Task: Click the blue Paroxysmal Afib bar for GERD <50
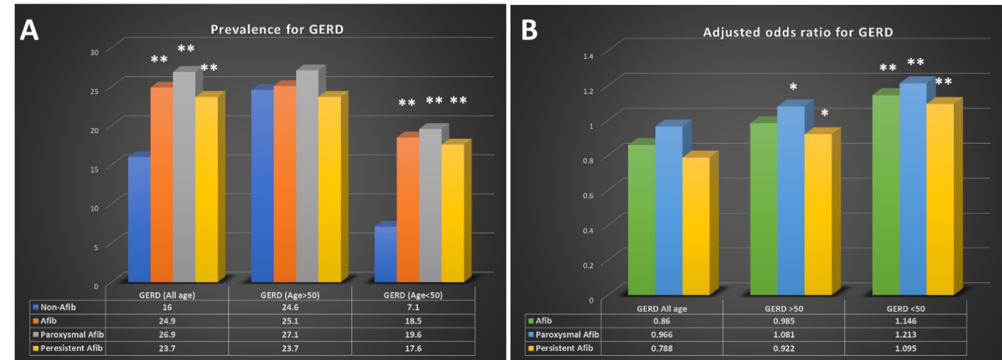click(913, 189)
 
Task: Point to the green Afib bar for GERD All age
click(641, 219)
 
